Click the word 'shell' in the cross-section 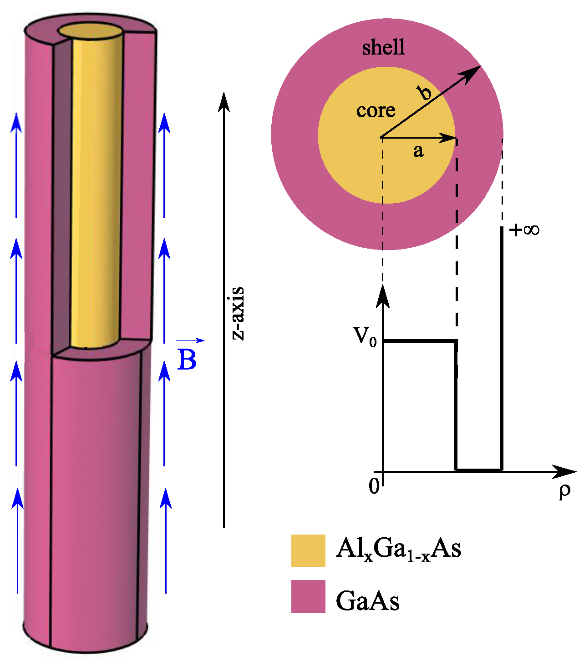[x=383, y=47]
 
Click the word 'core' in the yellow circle [x=376, y=110]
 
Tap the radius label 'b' [x=425, y=93]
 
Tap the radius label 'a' [x=418, y=150]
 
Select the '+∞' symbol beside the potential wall [x=524, y=230]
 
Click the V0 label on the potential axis [x=365, y=337]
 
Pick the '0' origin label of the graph [x=374, y=486]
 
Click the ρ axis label [x=564, y=491]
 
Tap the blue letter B [x=187, y=360]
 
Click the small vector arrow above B [x=191, y=340]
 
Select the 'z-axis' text [x=238, y=314]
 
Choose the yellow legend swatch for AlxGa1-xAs [x=308, y=550]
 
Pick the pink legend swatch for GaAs [x=308, y=596]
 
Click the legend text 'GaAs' [x=368, y=601]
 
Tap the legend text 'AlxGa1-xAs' [x=398, y=549]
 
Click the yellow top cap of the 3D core [x=91, y=31]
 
